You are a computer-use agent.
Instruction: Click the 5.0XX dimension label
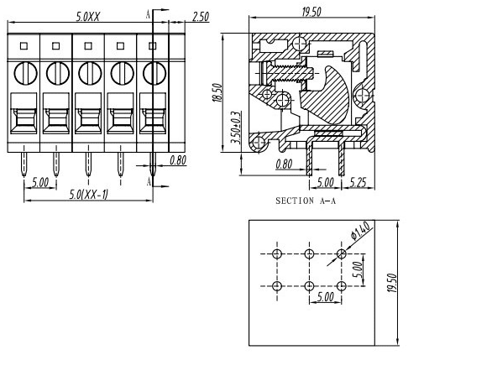pyautogui.click(x=88, y=17)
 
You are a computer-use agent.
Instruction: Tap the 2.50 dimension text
pyautogui.click(x=201, y=17)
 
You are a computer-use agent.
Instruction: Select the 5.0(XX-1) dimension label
pyautogui.click(x=88, y=195)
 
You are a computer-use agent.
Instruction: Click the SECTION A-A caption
pyautogui.click(x=306, y=201)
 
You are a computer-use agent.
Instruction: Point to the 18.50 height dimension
pyautogui.click(x=217, y=92)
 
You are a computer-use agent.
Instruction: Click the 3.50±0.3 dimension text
pyautogui.click(x=236, y=128)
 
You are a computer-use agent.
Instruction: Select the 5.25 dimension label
pyautogui.click(x=358, y=182)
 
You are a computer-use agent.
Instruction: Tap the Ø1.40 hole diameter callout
pyautogui.click(x=360, y=231)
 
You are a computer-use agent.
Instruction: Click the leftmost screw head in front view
pyautogui.click(x=25, y=73)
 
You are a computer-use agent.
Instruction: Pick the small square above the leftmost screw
pyautogui.click(x=24, y=46)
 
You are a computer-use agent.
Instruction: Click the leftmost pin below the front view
pyautogui.click(x=24, y=164)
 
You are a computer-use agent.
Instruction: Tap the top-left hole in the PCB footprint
pyautogui.click(x=277, y=253)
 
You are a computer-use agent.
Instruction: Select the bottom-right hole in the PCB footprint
pyautogui.click(x=342, y=286)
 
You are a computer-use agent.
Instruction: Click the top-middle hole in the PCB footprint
pyautogui.click(x=309, y=253)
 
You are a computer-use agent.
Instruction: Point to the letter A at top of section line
pyautogui.click(x=148, y=14)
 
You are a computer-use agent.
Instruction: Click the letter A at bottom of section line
pyautogui.click(x=149, y=181)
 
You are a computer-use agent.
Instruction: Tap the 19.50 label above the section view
pyautogui.click(x=311, y=12)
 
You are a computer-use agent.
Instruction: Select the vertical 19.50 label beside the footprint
pyautogui.click(x=392, y=283)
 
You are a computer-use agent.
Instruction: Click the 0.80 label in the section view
pyautogui.click(x=284, y=164)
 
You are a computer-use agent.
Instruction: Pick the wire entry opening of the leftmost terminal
pyautogui.click(x=24, y=113)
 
